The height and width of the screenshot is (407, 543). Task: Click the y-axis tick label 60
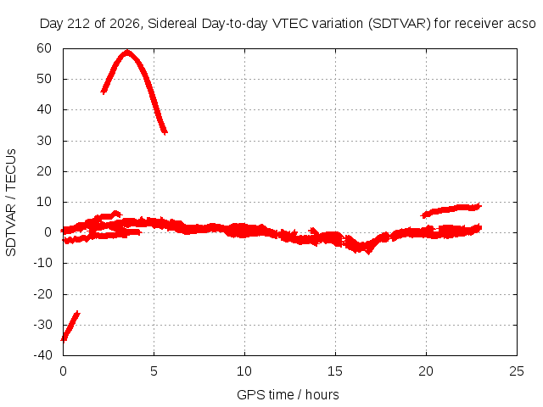pyautogui.click(x=44, y=48)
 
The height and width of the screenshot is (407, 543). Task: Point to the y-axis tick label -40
pyautogui.click(x=42, y=355)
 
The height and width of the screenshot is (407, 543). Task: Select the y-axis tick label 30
pyautogui.click(x=44, y=141)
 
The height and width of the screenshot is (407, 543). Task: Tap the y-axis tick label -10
pyautogui.click(x=42, y=263)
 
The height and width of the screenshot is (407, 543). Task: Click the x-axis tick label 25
pyautogui.click(x=517, y=371)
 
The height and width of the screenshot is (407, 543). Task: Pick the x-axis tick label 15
pyautogui.click(x=335, y=371)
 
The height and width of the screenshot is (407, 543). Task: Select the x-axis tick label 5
pyautogui.click(x=154, y=371)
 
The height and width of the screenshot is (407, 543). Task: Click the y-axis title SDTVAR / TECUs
pyautogui.click(x=11, y=203)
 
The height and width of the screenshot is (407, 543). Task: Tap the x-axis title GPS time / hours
pyautogui.click(x=288, y=395)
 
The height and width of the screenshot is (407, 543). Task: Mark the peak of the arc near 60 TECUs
pyautogui.click(x=127, y=53)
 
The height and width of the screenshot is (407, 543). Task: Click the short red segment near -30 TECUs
pyautogui.click(x=70, y=326)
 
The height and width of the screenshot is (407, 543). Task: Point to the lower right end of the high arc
pyautogui.click(x=165, y=132)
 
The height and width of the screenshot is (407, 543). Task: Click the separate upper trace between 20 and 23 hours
pyautogui.click(x=451, y=209)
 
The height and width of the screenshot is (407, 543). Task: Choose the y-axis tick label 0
pyautogui.click(x=48, y=232)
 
